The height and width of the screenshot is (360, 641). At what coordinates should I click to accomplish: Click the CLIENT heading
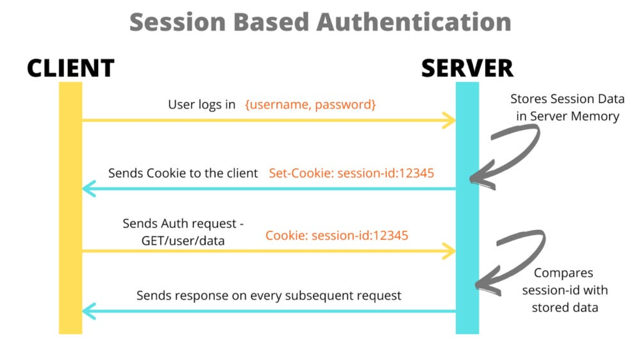(x=71, y=68)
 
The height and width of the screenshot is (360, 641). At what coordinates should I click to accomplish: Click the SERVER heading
(x=467, y=68)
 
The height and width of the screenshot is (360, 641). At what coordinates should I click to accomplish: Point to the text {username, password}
(x=310, y=104)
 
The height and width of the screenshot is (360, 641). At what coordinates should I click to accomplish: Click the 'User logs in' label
(x=201, y=104)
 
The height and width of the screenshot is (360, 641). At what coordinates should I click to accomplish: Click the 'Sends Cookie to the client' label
(x=183, y=173)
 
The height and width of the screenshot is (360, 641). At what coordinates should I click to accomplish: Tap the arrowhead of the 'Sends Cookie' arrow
(x=87, y=189)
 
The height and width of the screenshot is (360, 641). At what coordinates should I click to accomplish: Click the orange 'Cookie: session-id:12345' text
(x=337, y=235)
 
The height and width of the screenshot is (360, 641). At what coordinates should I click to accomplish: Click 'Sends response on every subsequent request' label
(x=269, y=295)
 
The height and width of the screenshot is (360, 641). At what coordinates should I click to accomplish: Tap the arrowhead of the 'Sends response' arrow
(x=87, y=311)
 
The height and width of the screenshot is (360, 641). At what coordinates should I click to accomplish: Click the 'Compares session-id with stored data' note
(x=564, y=290)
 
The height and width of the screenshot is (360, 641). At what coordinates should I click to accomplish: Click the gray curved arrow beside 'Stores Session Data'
(x=506, y=151)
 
